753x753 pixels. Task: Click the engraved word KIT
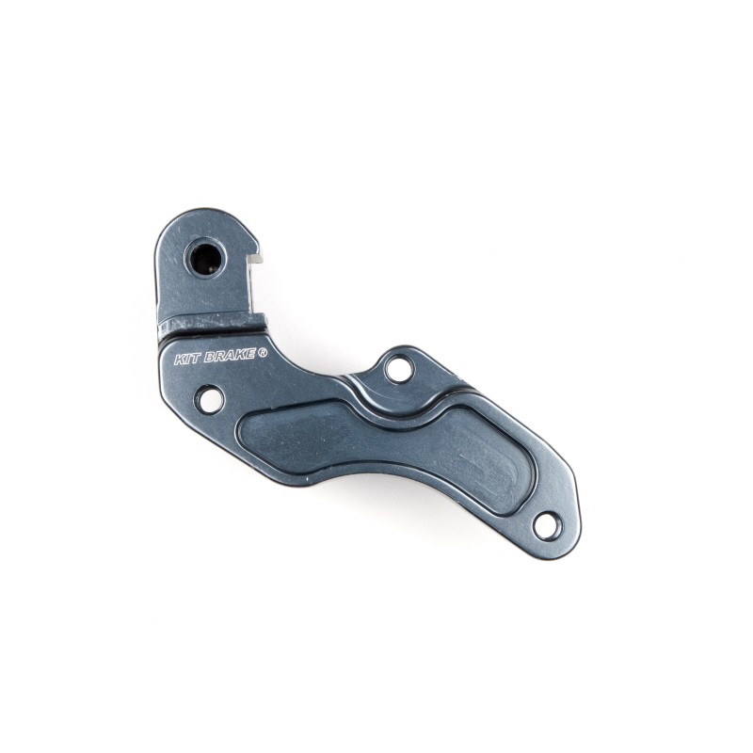point(187,359)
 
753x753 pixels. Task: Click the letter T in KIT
point(195,359)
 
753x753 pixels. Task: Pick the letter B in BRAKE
point(208,358)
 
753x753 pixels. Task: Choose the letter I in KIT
point(187,359)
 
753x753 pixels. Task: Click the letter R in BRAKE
point(218,358)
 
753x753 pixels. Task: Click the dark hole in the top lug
point(205,258)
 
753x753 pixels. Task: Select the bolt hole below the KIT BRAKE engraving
point(209,399)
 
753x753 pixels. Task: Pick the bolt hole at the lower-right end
point(546,525)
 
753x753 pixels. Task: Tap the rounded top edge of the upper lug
point(202,215)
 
